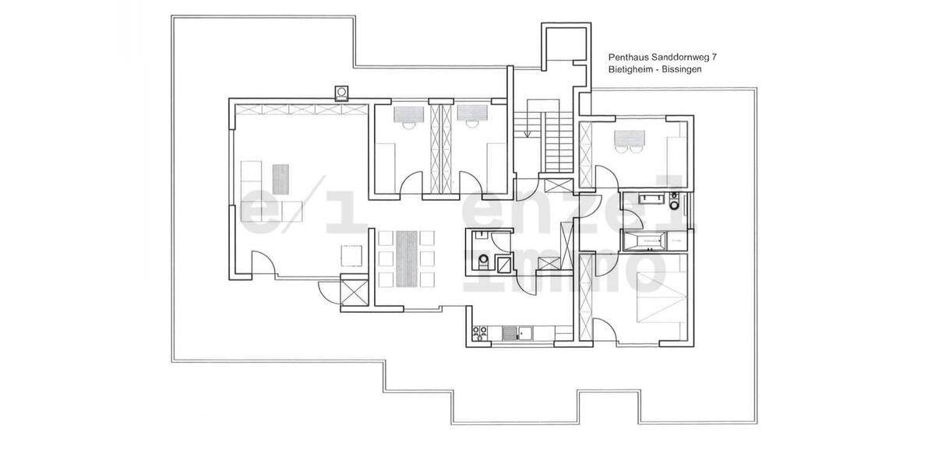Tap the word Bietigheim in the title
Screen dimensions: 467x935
633,69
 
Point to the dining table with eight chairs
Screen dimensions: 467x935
405,258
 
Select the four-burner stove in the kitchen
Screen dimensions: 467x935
480,333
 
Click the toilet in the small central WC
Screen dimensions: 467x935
485,260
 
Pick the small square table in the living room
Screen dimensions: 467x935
352,255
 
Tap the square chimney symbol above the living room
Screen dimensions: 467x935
342,93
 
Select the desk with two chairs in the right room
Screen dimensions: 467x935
630,141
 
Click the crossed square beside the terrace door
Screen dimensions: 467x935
355,295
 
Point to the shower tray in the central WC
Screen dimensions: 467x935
504,265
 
